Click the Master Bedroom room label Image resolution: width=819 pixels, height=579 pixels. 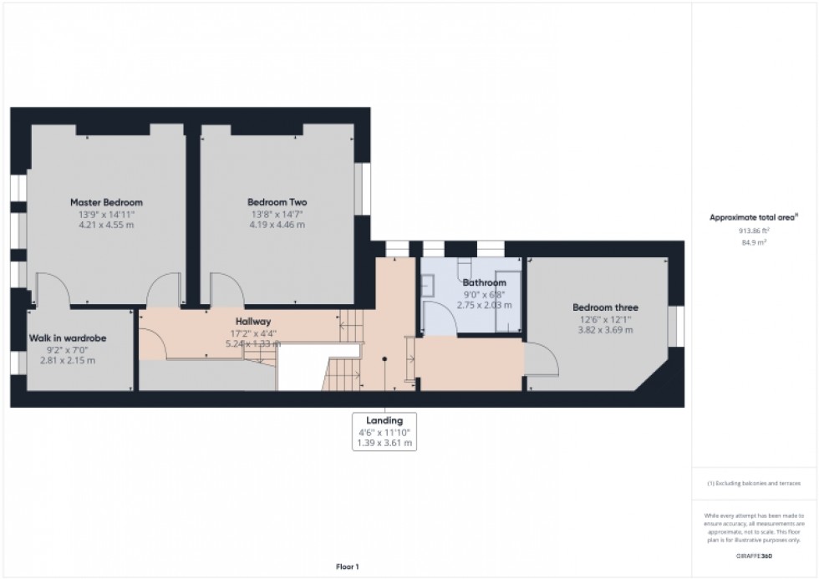(106, 202)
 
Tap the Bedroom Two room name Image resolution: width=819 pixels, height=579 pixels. (277, 202)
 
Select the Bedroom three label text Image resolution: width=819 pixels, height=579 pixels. (605, 307)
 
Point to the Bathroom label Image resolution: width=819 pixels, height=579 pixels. (485, 282)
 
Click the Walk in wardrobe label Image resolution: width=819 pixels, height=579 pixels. (68, 338)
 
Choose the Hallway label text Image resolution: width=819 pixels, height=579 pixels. (252, 321)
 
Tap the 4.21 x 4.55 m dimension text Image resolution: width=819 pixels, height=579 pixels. (106, 225)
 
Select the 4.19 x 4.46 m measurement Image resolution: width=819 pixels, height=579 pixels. (277, 225)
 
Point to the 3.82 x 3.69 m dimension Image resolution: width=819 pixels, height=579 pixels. (605, 330)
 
